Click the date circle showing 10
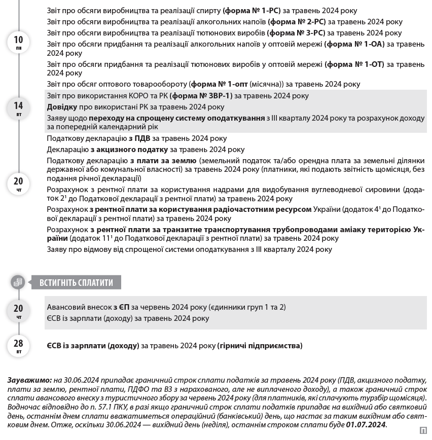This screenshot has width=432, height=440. coord(18,42)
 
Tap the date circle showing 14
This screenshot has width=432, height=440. coord(18,107)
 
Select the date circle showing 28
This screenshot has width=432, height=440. coord(18,346)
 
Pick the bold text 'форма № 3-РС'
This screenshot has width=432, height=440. coord(296,33)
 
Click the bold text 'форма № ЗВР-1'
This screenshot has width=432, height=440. coord(201,96)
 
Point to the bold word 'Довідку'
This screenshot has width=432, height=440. coord(62,107)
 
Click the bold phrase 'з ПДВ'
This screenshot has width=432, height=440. coord(138,138)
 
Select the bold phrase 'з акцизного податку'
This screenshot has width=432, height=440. coord(129,150)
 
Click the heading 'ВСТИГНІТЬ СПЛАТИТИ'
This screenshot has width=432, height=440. coord(76,283)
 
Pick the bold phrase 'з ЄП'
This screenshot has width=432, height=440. coord(121,307)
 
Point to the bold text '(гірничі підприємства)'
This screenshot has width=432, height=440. coord(260,346)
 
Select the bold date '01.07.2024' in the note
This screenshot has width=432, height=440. coord(366,425)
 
